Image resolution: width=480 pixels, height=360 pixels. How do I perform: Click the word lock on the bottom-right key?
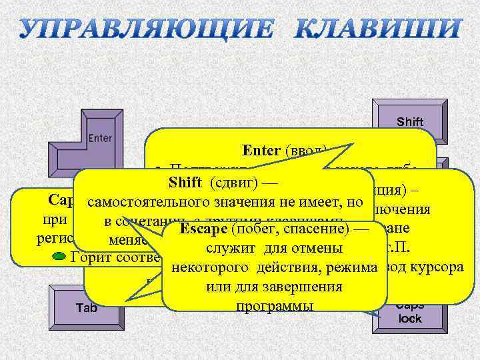[x=410, y=319]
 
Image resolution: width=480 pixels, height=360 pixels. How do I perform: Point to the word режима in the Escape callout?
[x=357, y=267]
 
